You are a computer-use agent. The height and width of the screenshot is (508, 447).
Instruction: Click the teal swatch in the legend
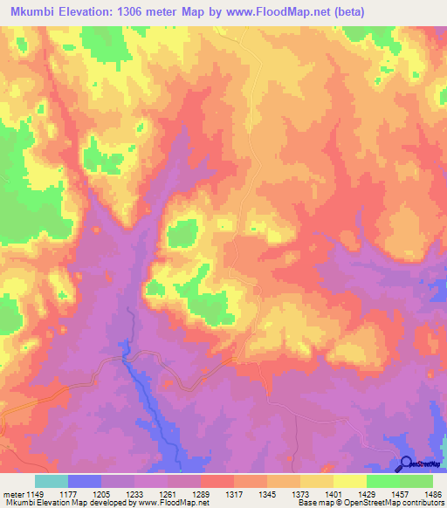pyautogui.click(x=51, y=481)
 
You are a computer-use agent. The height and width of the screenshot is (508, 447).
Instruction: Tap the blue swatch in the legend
pyautogui.click(x=84, y=481)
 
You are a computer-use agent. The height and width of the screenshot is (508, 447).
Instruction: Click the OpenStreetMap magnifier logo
pyautogui.click(x=405, y=464)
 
